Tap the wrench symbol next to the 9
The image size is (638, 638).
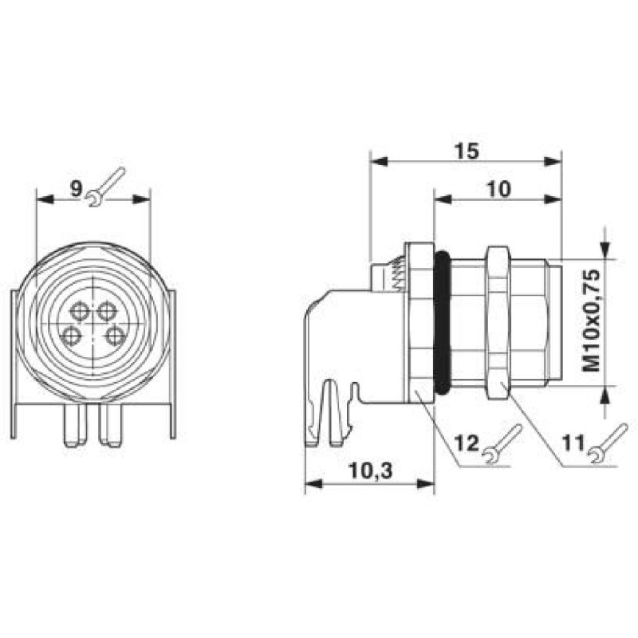click(107, 187)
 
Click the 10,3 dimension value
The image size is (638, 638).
click(370, 471)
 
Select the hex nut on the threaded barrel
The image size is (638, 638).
click(496, 322)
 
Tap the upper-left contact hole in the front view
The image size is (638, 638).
click(81, 310)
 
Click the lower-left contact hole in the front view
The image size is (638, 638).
click(72, 335)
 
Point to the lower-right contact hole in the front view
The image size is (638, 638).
click(116, 334)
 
